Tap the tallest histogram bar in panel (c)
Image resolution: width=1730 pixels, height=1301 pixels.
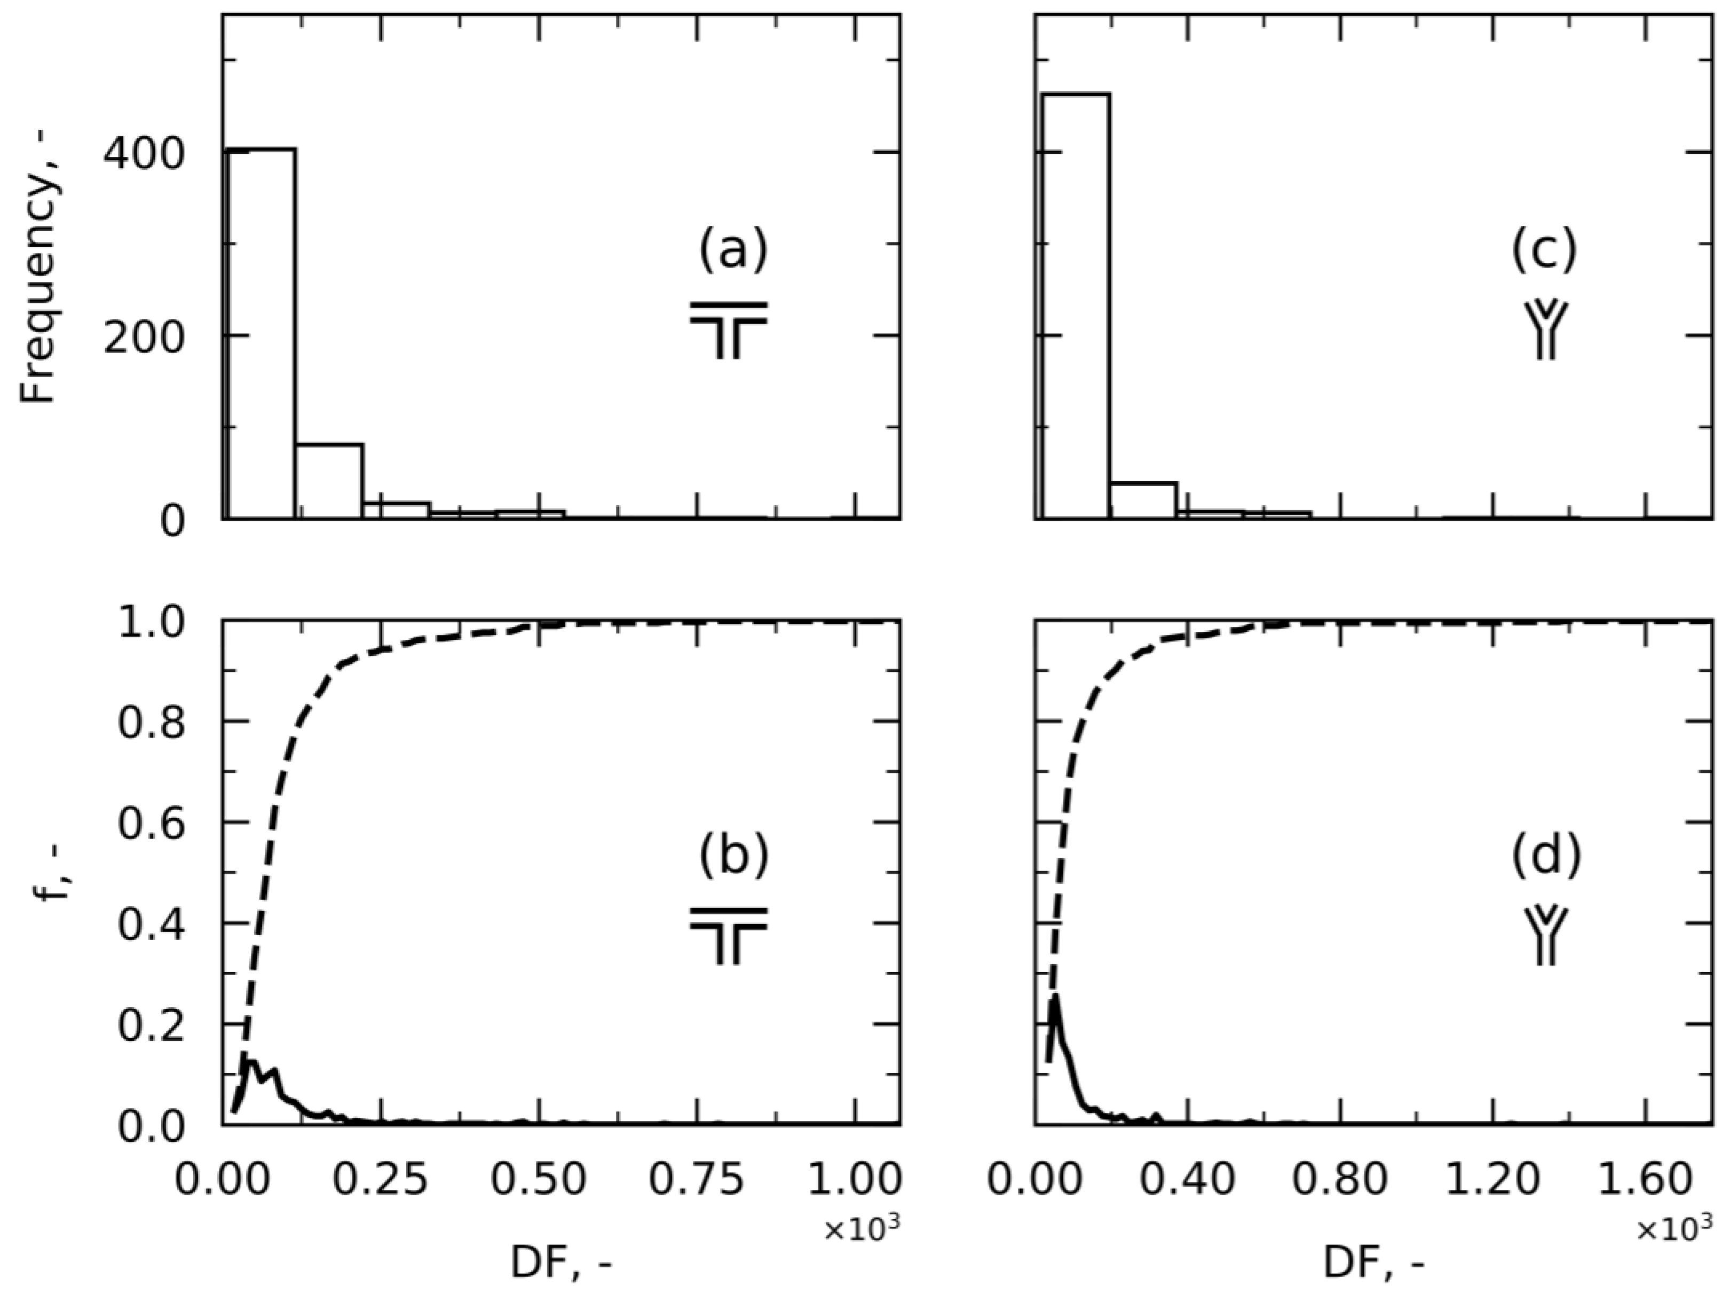pyautogui.click(x=1076, y=305)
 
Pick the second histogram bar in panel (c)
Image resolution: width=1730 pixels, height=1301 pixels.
pyautogui.click(x=1143, y=500)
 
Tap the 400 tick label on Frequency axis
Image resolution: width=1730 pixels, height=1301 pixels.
pyautogui.click(x=144, y=153)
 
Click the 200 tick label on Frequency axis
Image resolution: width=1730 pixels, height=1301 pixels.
pyautogui.click(x=144, y=336)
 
